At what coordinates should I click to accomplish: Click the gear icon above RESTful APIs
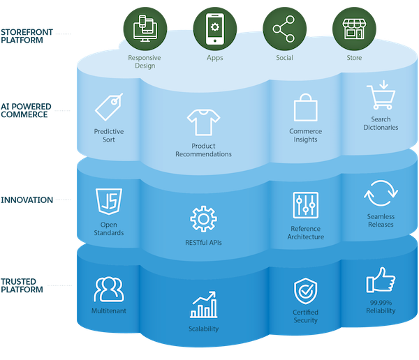click(x=203, y=219)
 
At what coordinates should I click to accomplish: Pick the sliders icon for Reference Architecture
click(x=306, y=206)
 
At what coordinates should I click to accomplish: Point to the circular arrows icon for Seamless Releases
click(x=381, y=192)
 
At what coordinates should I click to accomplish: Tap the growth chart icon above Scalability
click(x=203, y=306)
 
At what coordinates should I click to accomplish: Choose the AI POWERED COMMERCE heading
click(x=25, y=110)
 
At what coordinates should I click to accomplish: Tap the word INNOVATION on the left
click(x=27, y=200)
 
